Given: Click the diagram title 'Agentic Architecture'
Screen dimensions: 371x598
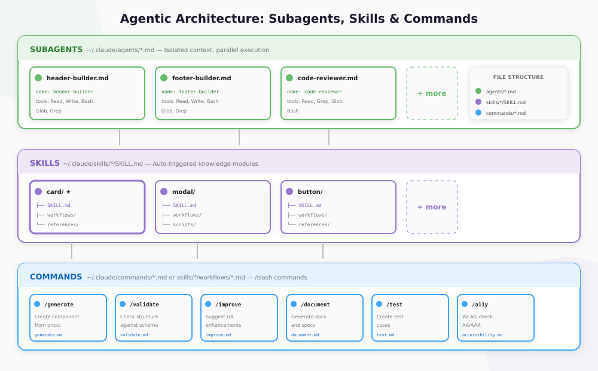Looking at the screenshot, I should pyautogui.click(x=298, y=19).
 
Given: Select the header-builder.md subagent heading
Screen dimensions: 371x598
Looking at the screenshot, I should pyautogui.click(x=77, y=78).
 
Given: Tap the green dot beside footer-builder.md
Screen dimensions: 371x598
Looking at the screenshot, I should pyautogui.click(x=164, y=78).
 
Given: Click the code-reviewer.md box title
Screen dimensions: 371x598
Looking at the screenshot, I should pyautogui.click(x=327, y=78).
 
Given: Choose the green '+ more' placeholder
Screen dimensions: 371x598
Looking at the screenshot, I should pyautogui.click(x=432, y=93).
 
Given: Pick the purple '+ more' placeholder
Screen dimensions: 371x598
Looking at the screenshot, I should pyautogui.click(x=432, y=207).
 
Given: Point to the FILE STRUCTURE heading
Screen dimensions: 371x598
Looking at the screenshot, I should pyautogui.click(x=518, y=77).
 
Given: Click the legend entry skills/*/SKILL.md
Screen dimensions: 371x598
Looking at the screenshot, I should pyautogui.click(x=505, y=102).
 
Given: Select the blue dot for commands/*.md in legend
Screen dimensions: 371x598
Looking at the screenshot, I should pyautogui.click(x=478, y=113).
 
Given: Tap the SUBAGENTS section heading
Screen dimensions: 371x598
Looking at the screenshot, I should pyautogui.click(x=56, y=50).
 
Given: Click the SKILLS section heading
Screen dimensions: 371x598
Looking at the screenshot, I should pyautogui.click(x=45, y=163).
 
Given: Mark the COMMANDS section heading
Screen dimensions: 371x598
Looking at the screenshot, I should pyautogui.click(x=56, y=277).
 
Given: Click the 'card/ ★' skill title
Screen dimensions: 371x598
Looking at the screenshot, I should pyautogui.click(x=59, y=192).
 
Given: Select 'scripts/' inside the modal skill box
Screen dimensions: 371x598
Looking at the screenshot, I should pyautogui.click(x=184, y=224).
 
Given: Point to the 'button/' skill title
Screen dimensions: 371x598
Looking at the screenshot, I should pyautogui.click(x=310, y=192).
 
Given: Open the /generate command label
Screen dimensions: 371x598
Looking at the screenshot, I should pyautogui.click(x=59, y=305).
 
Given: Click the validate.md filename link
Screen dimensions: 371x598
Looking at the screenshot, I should pyautogui.click(x=134, y=335).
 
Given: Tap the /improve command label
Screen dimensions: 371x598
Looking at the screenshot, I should pyautogui.click(x=228, y=305).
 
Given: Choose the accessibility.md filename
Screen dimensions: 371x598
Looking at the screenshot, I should pyautogui.click(x=482, y=335).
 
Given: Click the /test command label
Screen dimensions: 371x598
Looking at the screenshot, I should pyautogui.click(x=394, y=305).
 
